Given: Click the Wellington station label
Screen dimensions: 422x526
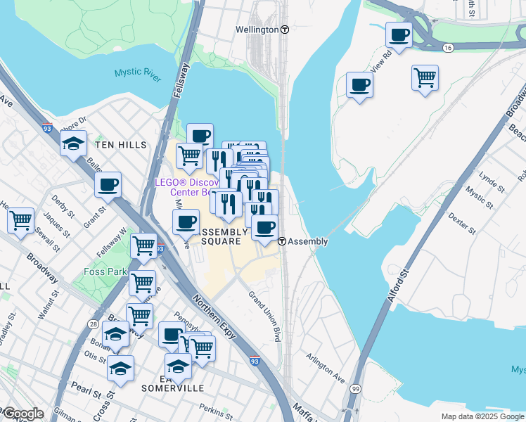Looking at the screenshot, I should (x=257, y=30).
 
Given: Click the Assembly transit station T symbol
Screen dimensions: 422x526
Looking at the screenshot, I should (x=281, y=241).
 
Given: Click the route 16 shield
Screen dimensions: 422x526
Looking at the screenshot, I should (x=448, y=47).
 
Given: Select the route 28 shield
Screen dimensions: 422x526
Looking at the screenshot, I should (x=94, y=323).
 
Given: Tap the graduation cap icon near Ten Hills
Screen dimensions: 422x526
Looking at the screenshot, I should (x=73, y=144).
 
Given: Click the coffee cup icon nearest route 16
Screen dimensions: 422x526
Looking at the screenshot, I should (x=399, y=35).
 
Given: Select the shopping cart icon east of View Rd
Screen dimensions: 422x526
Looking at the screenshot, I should (x=425, y=77).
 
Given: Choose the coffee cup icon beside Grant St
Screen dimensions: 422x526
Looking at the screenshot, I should (x=108, y=186).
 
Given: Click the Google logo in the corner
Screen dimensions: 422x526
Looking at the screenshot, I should (x=23, y=414).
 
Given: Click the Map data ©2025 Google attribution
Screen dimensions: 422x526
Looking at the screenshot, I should (x=482, y=416).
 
